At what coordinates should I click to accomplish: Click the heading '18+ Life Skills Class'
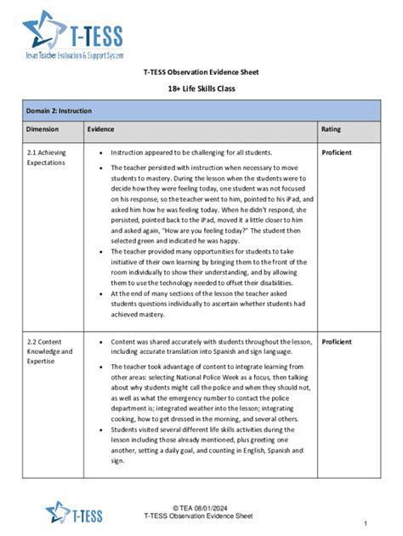click(x=201, y=88)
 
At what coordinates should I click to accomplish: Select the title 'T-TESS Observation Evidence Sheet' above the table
click(x=201, y=72)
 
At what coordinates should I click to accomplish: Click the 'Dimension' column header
click(x=43, y=129)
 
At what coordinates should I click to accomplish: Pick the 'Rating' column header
click(x=331, y=129)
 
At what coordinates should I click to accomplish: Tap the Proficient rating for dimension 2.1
click(x=337, y=152)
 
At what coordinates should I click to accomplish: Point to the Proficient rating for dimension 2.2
click(x=337, y=341)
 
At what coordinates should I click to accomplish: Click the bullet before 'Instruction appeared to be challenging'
click(x=100, y=153)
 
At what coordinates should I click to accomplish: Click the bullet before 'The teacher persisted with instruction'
click(x=100, y=168)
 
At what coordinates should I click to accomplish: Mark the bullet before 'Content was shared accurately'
click(x=100, y=342)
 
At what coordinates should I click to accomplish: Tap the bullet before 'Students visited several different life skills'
click(x=100, y=431)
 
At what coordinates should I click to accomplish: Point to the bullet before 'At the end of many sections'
click(x=100, y=293)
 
